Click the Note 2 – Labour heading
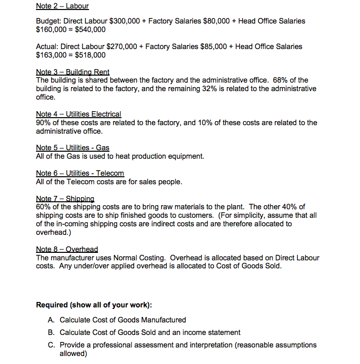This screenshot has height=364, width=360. (62, 7)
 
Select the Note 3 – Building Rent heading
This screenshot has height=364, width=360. (72, 72)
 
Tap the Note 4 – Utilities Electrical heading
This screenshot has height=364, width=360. (78, 114)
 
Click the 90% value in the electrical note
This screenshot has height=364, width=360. (44, 123)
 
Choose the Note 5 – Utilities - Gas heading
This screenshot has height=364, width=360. (72, 148)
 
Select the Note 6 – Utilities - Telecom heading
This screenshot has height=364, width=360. (80, 173)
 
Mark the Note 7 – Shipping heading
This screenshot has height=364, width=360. (65, 199)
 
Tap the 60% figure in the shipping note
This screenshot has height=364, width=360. (44, 207)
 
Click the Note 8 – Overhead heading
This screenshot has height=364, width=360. (67, 249)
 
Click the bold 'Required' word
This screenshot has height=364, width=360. (52, 305)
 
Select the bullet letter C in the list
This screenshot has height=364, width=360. (51, 345)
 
